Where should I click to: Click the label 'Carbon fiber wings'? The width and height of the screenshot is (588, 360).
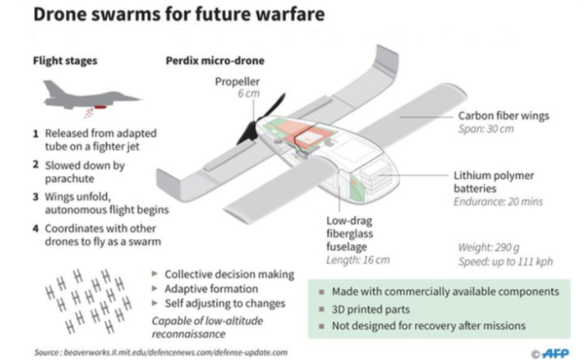pyautogui.click(x=503, y=115)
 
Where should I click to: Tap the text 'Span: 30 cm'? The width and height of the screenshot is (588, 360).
pyautogui.click(x=486, y=129)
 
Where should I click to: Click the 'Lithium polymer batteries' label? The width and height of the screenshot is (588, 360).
pyautogui.click(x=494, y=182)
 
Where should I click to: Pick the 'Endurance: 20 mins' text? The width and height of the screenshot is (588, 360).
pyautogui.click(x=498, y=202)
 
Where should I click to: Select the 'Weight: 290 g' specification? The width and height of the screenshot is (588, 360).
pyautogui.click(x=489, y=247)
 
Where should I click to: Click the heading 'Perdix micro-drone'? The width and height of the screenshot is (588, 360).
pyautogui.click(x=215, y=61)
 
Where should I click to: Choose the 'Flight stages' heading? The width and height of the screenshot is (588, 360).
pyautogui.click(x=65, y=61)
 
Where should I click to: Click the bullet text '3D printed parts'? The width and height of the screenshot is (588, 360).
pyautogui.click(x=370, y=309)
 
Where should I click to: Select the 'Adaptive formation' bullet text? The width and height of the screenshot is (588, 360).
pyautogui.click(x=211, y=289)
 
